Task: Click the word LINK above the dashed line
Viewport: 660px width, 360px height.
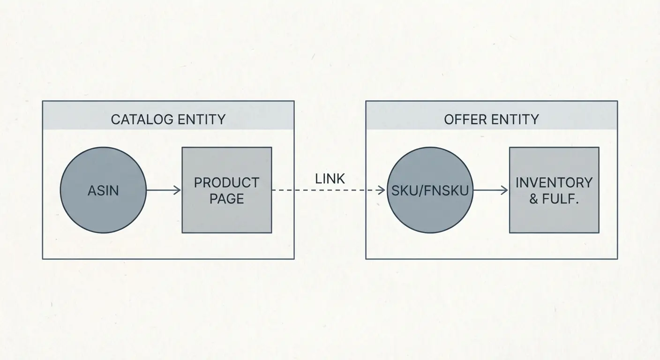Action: [x=330, y=179]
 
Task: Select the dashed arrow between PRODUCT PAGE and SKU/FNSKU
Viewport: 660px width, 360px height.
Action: [x=328, y=190]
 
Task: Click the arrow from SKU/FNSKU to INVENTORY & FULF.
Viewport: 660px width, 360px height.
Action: [x=490, y=190]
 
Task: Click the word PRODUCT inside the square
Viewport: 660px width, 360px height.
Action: [x=226, y=182]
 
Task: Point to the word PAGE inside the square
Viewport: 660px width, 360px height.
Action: [x=226, y=198]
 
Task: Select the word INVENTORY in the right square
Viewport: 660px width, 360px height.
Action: [x=554, y=182]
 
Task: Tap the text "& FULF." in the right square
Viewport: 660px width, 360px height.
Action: [x=554, y=199]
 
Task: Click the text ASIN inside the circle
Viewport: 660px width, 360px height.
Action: [x=103, y=191]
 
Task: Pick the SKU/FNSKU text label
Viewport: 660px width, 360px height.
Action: [x=430, y=191]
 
